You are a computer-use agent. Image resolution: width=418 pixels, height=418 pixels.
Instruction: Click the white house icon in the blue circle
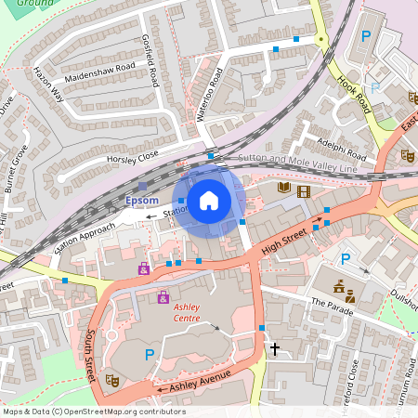209,200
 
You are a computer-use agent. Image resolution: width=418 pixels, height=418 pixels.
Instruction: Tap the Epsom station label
142,201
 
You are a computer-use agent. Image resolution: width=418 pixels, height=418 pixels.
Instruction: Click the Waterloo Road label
212,88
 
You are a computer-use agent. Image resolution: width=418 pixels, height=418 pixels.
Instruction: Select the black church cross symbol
273,349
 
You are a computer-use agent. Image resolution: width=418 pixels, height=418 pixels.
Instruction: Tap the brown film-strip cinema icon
303,191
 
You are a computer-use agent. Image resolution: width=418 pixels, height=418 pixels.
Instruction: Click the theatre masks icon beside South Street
112,379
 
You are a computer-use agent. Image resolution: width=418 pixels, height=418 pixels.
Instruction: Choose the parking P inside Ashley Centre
149,354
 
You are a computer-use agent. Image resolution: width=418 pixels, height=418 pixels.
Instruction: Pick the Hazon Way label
46,82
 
